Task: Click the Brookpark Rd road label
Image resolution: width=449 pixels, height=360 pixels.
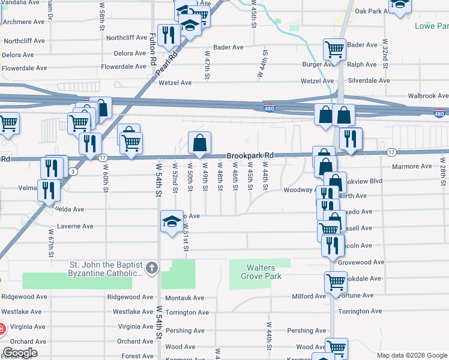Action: [250, 155]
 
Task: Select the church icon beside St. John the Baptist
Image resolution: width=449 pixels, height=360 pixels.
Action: [152, 267]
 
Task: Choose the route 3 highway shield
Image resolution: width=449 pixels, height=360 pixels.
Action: [73, 172]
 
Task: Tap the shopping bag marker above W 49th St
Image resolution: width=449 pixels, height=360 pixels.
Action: [200, 143]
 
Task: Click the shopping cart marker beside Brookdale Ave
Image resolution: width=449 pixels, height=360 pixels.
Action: [336, 281]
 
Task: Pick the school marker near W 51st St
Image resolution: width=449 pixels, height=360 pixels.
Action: [172, 221]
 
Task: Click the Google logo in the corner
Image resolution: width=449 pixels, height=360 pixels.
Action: [19, 353]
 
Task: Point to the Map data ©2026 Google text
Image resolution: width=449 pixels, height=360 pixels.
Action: [411, 355]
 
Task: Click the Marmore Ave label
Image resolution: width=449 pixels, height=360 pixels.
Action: [412, 166]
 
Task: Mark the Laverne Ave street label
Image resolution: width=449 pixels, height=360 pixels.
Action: [75, 227]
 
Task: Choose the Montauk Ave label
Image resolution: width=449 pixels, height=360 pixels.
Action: [185, 297]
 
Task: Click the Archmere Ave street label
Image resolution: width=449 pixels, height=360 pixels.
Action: [24, 22]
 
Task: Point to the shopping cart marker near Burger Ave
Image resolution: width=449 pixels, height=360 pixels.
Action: [334, 49]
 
